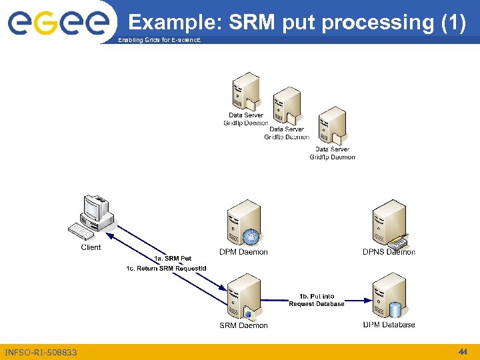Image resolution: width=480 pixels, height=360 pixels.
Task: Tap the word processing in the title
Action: (x=377, y=23)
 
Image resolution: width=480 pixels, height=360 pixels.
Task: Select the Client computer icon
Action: (x=92, y=217)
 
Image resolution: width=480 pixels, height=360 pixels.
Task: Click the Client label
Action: (x=91, y=247)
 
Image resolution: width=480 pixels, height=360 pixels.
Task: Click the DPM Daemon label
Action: (x=243, y=252)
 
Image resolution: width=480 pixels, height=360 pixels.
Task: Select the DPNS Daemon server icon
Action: (x=389, y=223)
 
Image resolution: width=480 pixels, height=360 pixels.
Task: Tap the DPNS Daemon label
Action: (x=389, y=252)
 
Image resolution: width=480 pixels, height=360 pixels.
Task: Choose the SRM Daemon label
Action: (x=243, y=325)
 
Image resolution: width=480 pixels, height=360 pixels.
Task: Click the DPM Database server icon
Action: (x=389, y=297)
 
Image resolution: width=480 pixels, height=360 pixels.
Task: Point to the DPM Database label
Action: (x=389, y=325)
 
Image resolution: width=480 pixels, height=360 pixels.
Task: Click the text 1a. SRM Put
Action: (x=173, y=259)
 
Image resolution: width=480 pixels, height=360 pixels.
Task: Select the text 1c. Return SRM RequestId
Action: (x=166, y=269)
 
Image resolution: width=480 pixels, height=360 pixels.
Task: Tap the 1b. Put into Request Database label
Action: (x=317, y=300)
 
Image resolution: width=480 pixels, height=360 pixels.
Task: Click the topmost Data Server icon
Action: (x=245, y=92)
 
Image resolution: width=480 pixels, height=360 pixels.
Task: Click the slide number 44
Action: (x=462, y=351)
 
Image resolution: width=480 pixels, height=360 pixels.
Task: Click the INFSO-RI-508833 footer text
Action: (x=41, y=352)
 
